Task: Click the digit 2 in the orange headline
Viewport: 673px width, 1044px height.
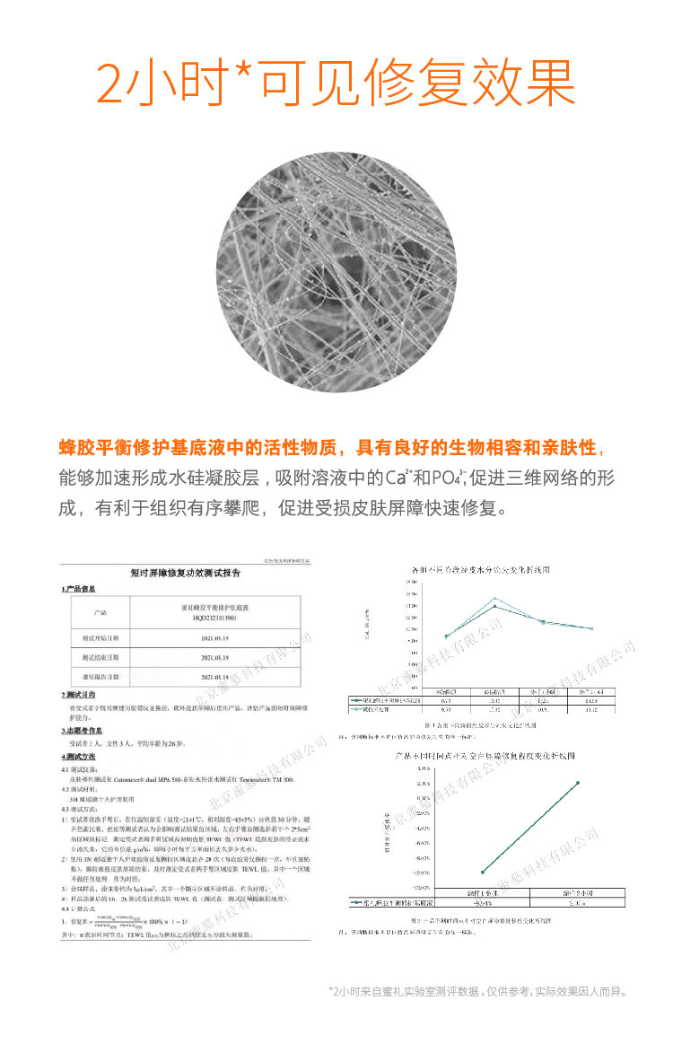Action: [x=116, y=83]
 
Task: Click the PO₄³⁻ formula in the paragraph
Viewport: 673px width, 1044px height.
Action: [x=446, y=477]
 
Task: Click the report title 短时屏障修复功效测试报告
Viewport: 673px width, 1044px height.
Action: [x=185, y=573]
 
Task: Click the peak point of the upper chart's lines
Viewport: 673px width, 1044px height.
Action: [x=494, y=598]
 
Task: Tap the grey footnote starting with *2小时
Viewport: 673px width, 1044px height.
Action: [x=476, y=992]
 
